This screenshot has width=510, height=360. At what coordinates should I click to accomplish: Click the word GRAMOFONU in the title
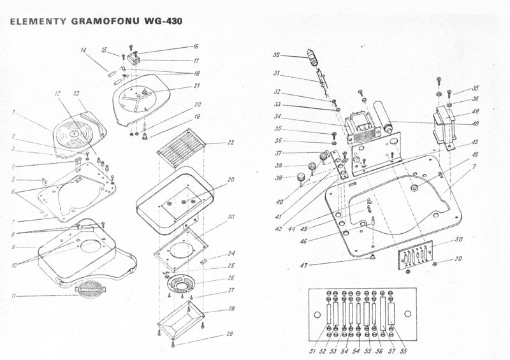[x=105, y=21]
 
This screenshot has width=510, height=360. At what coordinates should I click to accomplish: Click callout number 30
[x=276, y=55]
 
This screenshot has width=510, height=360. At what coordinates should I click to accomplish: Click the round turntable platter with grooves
[x=75, y=134]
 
